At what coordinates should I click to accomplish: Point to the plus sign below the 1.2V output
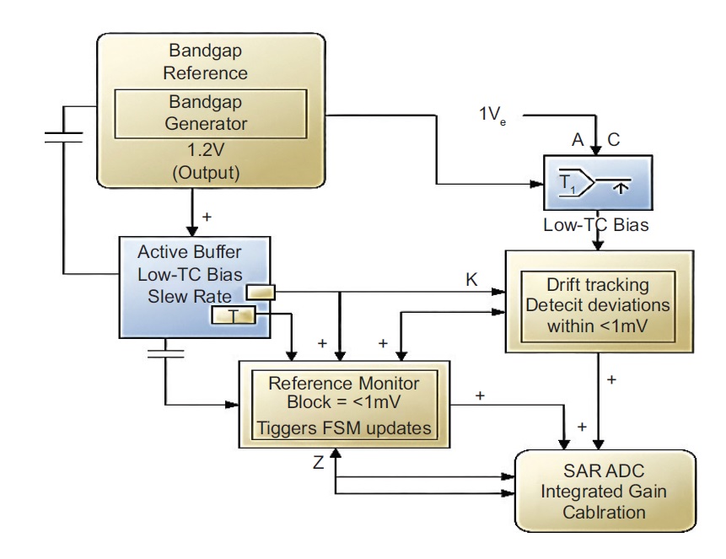pos(207,216)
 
